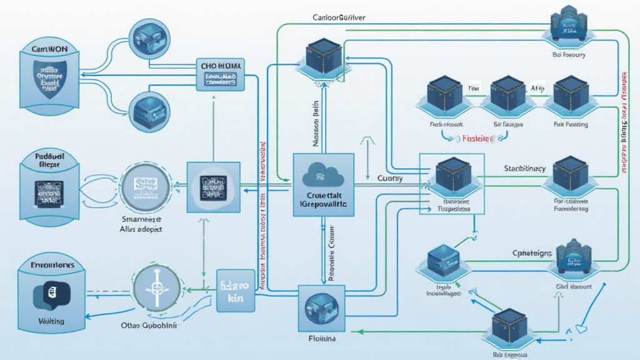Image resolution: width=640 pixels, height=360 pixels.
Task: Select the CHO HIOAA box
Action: (x=220, y=74)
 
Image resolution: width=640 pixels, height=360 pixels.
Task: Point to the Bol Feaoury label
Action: (x=569, y=55)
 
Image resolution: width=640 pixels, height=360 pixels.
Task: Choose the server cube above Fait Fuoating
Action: (x=571, y=93)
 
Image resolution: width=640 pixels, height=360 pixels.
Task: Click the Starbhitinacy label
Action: (x=525, y=169)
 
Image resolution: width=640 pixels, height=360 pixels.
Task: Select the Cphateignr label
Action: (x=532, y=253)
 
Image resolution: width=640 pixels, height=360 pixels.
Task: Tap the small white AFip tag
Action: (x=538, y=89)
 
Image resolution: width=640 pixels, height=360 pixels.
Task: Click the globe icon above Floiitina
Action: (x=321, y=308)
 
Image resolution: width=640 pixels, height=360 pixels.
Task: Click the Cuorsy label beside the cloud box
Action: (x=391, y=178)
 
